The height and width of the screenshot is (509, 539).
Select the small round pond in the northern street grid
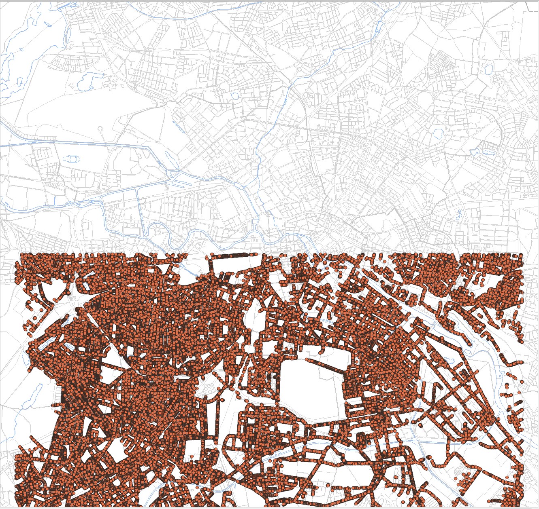[234, 96]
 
